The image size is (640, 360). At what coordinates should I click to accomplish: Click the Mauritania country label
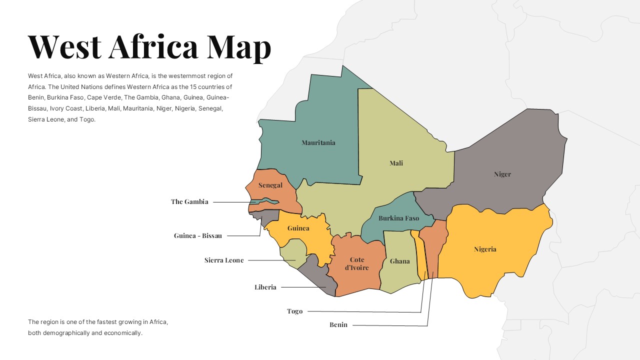point(318,143)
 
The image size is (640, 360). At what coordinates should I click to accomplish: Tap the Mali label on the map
point(396,163)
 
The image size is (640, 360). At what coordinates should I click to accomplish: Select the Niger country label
point(502,174)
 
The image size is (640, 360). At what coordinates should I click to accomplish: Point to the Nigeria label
point(485,249)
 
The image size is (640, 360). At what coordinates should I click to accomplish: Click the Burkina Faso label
point(398,218)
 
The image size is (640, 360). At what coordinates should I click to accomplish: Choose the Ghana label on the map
point(399,261)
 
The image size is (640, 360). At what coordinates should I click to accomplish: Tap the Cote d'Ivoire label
point(357,264)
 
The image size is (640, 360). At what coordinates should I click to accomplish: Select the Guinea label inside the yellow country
point(298,228)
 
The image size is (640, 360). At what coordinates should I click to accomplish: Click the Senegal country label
point(270,185)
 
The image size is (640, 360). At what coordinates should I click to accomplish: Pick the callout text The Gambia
point(189,202)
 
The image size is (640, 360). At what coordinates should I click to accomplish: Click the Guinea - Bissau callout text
point(198,236)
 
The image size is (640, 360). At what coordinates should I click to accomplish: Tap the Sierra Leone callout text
point(224,260)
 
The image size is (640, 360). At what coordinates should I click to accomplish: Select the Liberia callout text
point(265,287)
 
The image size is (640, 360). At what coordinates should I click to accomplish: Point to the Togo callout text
point(294,311)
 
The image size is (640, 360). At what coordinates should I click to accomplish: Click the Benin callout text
point(338,325)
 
